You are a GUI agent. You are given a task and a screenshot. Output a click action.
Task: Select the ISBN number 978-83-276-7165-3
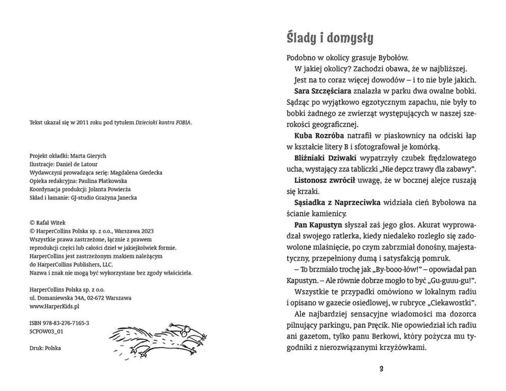66,323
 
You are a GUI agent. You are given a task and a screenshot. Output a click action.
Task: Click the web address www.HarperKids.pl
55,307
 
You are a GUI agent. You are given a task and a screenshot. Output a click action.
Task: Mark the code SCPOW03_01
46,331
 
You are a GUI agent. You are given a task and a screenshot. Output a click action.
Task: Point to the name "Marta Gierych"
88,156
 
